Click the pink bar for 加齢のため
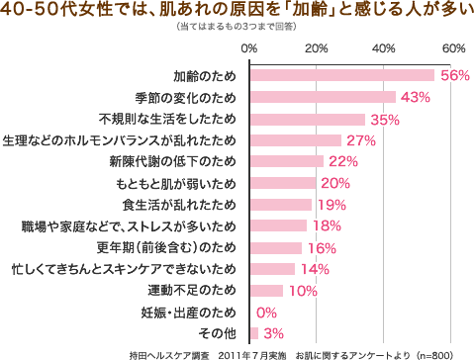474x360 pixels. (x=342, y=75)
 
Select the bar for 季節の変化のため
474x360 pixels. (x=323, y=97)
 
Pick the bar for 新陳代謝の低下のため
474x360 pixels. (x=287, y=161)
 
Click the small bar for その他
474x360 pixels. (x=254, y=333)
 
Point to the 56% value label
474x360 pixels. (x=455, y=76)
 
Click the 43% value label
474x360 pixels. (x=415, y=97)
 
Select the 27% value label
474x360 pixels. (x=360, y=140)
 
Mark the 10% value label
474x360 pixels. (x=302, y=291)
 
